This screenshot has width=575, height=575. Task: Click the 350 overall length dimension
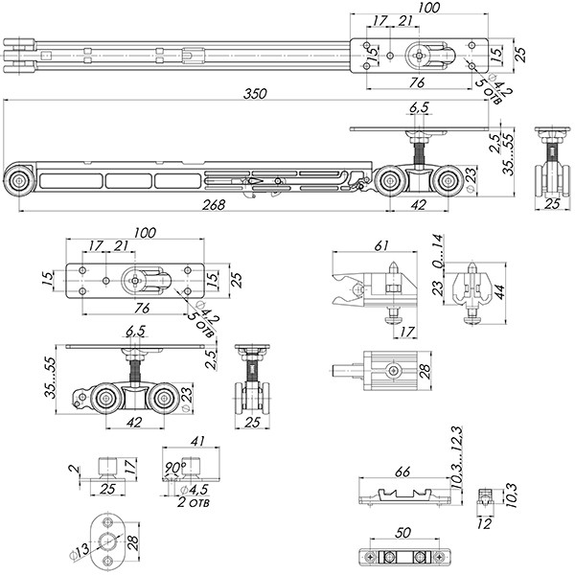click(255, 93)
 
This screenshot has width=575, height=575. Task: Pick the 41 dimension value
click(198, 443)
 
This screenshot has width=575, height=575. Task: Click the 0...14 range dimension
click(439, 250)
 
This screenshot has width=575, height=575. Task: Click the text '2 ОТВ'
click(197, 501)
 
